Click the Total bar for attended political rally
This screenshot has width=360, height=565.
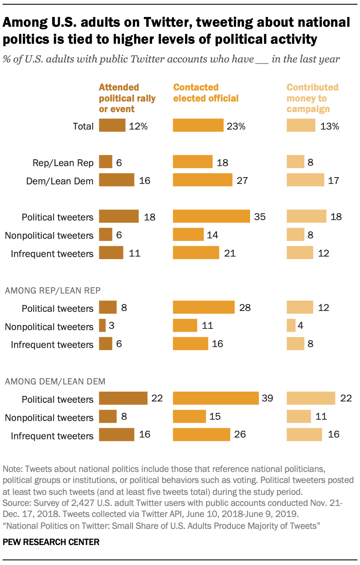point(112,126)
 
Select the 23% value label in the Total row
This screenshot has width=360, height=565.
point(236,126)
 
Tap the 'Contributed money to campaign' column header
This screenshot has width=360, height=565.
point(312,98)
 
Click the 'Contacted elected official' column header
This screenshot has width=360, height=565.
point(205,93)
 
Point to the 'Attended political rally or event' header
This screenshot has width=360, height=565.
point(127,98)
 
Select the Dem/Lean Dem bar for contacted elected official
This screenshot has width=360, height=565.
point(202,180)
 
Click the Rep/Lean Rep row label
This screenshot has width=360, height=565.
point(63,163)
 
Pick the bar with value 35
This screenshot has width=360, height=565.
point(211,217)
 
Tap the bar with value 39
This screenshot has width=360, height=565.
point(216,398)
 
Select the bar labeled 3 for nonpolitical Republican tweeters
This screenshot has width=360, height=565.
point(102,326)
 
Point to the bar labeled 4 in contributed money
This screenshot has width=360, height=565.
point(291,326)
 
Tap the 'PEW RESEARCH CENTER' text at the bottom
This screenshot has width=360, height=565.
point(51,542)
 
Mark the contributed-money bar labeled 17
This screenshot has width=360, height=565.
point(305,180)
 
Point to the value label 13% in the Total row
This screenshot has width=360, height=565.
point(329,126)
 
